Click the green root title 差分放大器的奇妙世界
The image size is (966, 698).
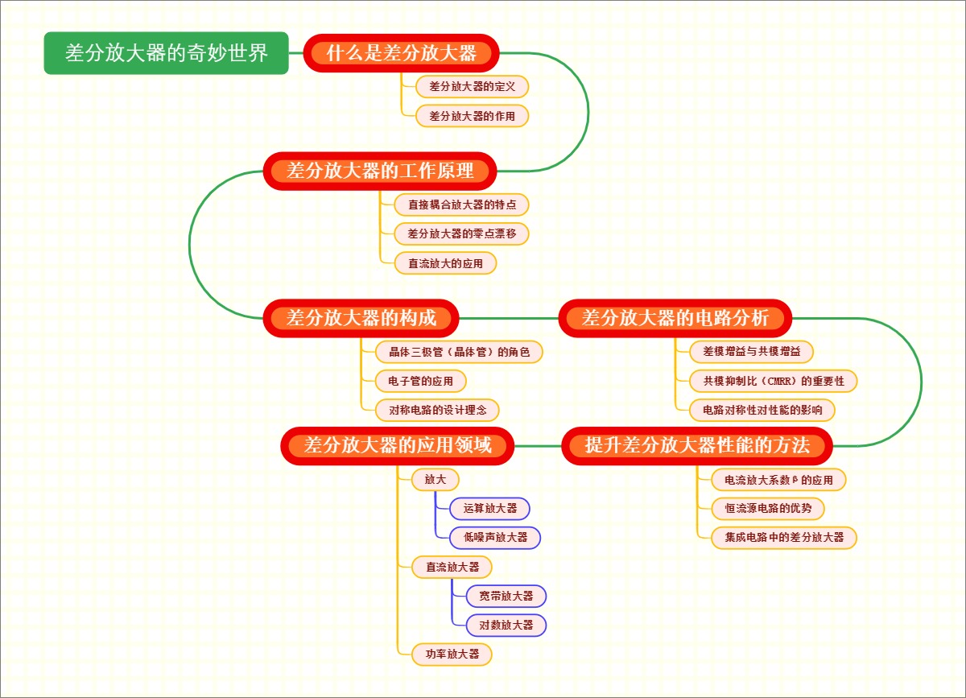166,53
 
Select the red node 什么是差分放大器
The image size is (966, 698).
402,53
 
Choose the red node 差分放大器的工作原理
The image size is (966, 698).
380,171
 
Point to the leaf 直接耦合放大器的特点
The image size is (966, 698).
462,204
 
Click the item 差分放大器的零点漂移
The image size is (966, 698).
462,233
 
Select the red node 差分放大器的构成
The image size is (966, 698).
361,318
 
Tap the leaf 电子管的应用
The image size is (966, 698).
421,381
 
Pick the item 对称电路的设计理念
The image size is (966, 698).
438,410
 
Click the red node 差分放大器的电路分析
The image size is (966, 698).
675,318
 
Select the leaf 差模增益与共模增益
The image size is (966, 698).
752,352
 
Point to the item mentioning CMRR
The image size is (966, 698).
774,381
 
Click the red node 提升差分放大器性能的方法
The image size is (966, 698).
697,445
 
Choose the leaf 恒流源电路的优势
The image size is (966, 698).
769,508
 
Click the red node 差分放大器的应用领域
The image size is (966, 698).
398,445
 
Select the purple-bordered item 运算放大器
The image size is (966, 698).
490,508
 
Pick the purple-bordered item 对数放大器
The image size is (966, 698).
506,625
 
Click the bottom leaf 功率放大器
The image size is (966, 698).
452,654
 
